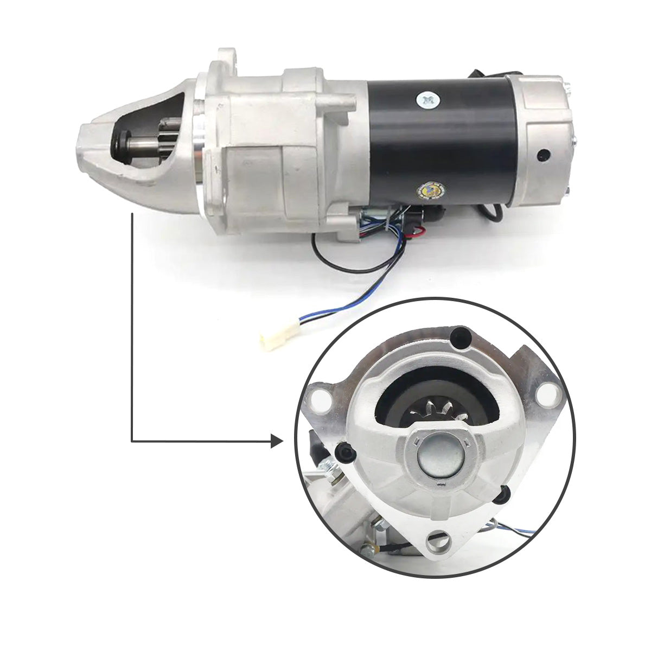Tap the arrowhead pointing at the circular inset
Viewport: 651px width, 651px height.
click(x=277, y=442)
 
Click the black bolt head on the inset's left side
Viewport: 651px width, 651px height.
click(x=343, y=453)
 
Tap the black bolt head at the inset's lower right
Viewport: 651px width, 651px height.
click(x=506, y=493)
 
